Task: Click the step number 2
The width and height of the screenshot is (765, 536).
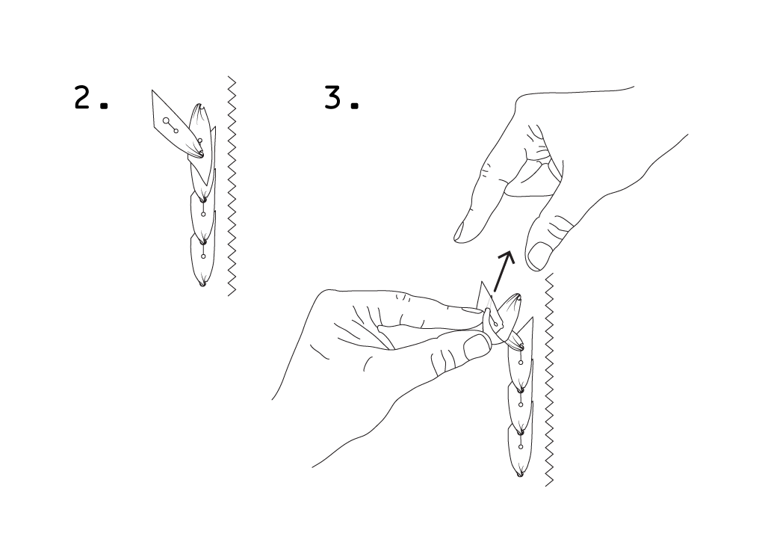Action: [84, 96]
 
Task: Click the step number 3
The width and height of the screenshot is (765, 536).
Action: [333, 96]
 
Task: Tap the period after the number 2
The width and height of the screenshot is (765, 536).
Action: [103, 105]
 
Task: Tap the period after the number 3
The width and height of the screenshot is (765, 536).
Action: [355, 105]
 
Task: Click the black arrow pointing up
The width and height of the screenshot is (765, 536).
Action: [504, 271]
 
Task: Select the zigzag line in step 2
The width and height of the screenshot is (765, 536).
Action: [232, 186]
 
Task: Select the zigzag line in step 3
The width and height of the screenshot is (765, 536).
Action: [549, 380]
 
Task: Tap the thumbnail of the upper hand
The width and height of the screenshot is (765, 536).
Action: [539, 256]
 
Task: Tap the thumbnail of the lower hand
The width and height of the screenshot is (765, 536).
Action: [477, 347]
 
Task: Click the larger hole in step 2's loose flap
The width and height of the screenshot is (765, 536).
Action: [166, 120]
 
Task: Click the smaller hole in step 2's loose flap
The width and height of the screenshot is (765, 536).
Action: [176, 130]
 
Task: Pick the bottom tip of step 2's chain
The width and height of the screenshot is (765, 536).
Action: [202, 285]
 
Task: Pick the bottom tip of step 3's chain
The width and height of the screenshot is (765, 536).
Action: [520, 475]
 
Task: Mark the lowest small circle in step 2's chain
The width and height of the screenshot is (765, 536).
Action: [203, 256]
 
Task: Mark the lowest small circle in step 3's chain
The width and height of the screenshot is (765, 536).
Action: [521, 447]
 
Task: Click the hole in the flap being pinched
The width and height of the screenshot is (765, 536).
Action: [496, 323]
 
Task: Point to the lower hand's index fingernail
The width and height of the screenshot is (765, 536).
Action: [472, 309]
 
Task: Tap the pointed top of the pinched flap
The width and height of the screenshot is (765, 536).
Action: [482, 282]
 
